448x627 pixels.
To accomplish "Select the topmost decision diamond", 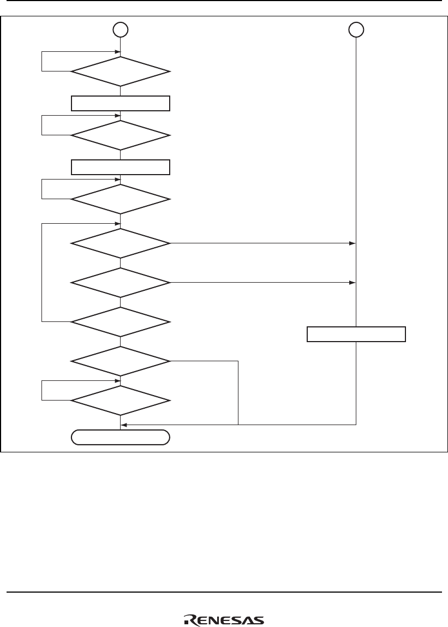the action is pos(121,71).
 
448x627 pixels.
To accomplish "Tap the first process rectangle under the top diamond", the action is pos(121,103).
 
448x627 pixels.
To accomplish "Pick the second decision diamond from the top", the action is pos(121,135).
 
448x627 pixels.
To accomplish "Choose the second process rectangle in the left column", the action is pos(121,166).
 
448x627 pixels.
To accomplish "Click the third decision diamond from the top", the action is pos(121,198).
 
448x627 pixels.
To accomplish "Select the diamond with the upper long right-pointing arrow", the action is pos(121,243).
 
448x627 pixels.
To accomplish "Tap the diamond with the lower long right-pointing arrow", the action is pos(121,282).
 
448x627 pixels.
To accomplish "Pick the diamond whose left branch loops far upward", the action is pos(121,321).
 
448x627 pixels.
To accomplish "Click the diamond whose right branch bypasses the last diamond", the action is pos(121,361).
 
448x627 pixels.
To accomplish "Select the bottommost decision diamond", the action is pos(121,401).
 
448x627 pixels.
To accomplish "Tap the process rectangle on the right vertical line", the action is pos(356,334).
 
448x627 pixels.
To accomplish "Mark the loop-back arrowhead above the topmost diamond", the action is pos(117,53).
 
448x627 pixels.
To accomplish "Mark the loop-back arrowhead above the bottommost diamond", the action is pos(117,381).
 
